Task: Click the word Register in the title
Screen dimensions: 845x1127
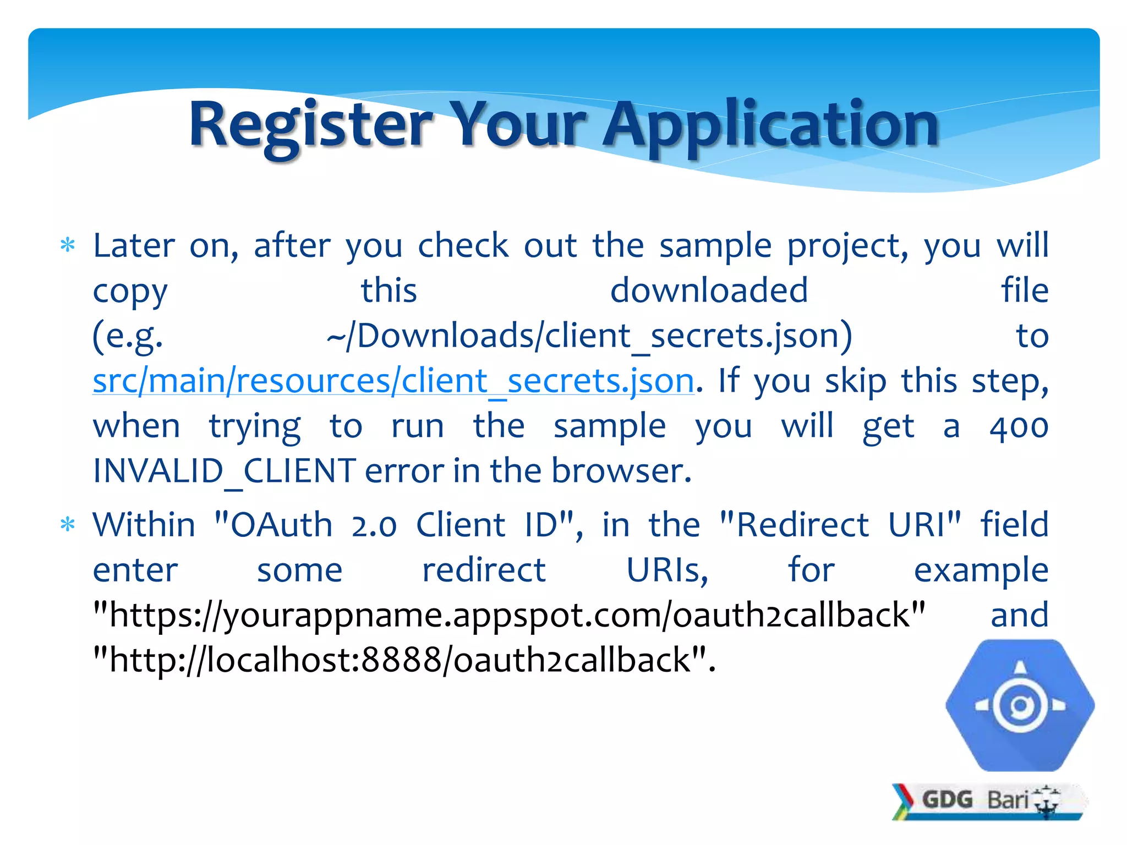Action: tap(311, 125)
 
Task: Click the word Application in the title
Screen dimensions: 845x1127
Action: tap(770, 125)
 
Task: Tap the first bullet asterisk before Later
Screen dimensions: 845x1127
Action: tap(67, 245)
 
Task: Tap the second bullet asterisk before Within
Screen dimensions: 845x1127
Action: tap(67, 525)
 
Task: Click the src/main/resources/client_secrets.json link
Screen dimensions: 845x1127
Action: tap(393, 381)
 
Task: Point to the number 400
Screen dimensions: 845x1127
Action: tap(1019, 427)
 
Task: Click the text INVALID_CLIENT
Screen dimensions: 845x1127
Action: tap(225, 471)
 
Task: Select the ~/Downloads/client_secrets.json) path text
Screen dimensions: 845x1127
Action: tap(589, 336)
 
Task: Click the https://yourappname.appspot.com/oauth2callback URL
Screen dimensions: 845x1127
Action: tap(509, 615)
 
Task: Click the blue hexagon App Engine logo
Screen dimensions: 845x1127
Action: tap(1020, 705)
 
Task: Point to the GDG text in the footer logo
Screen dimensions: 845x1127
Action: tap(947, 799)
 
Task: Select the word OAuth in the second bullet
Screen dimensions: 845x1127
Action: tap(281, 525)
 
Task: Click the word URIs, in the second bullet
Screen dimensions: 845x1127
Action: tap(667, 570)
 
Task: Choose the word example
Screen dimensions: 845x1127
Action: tap(981, 571)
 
